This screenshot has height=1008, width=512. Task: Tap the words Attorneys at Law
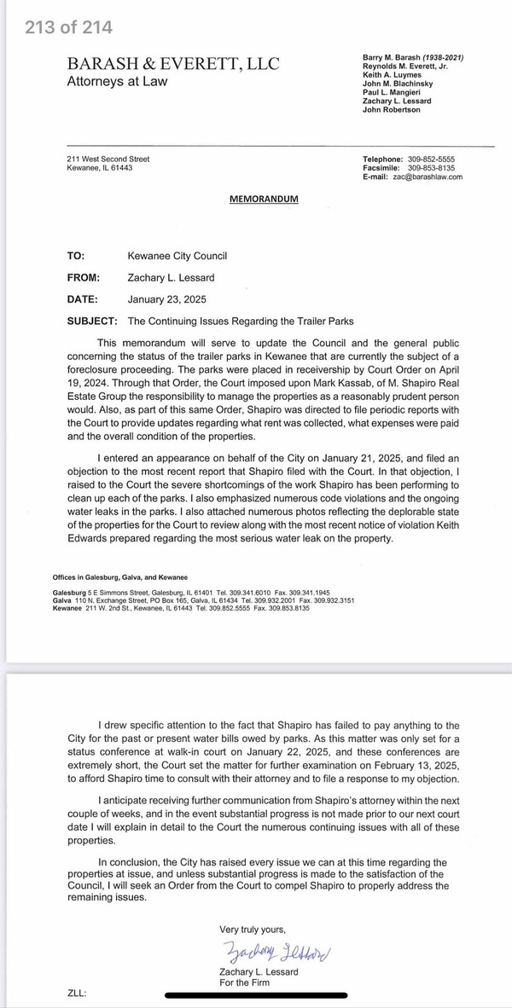(x=117, y=82)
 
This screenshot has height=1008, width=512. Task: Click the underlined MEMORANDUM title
(x=264, y=199)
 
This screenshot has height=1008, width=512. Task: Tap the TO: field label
(x=76, y=256)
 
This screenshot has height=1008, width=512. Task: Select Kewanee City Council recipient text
(x=177, y=256)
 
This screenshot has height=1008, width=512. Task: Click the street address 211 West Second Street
(x=108, y=159)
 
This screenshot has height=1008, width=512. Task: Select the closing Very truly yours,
(x=253, y=929)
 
